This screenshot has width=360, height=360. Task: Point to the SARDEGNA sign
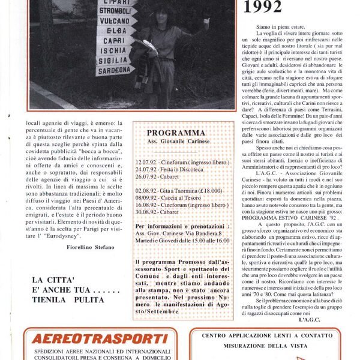(113, 70)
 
